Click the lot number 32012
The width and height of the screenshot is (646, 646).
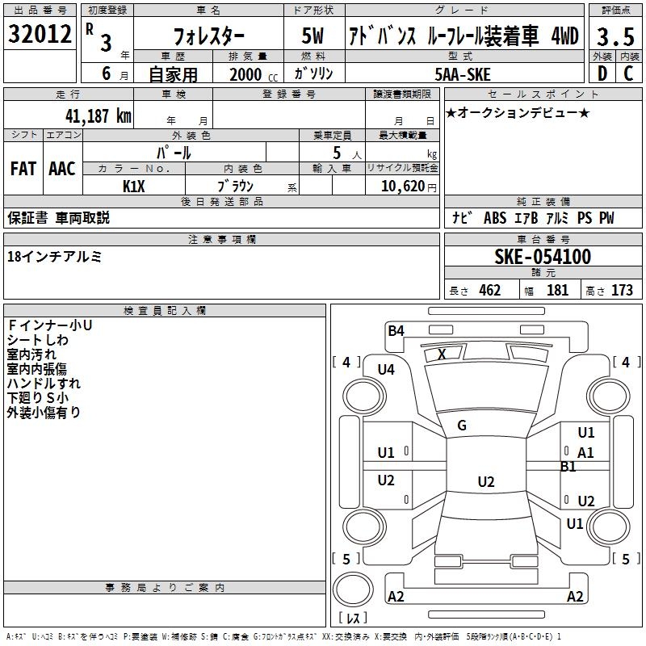pos(40,34)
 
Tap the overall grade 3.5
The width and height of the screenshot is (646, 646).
pos(615,36)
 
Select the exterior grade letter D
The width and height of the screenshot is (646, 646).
pos(602,73)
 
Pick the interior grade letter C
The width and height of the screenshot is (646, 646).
pos(628,73)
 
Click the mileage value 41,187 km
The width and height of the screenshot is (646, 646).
pos(98,115)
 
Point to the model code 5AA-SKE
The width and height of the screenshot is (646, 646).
pos(463,74)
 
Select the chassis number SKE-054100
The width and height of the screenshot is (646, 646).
pos(543,257)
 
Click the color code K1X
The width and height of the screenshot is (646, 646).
pos(134,187)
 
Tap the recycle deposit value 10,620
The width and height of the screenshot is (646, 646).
pos(403,187)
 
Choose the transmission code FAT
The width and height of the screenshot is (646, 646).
pos(23,169)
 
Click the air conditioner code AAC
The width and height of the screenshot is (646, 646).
pos(62,169)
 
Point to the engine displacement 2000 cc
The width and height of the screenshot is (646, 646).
pos(254,74)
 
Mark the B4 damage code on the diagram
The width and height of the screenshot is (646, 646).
pos(396,331)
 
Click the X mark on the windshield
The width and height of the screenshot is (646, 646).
pos(442,354)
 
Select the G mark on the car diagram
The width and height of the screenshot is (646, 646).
pos(462,426)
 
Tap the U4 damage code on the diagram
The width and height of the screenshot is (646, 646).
pos(386,370)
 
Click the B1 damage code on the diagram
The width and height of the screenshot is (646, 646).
pos(568,467)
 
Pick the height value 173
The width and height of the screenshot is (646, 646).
pos(622,290)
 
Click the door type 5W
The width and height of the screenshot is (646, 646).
pos(313,36)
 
